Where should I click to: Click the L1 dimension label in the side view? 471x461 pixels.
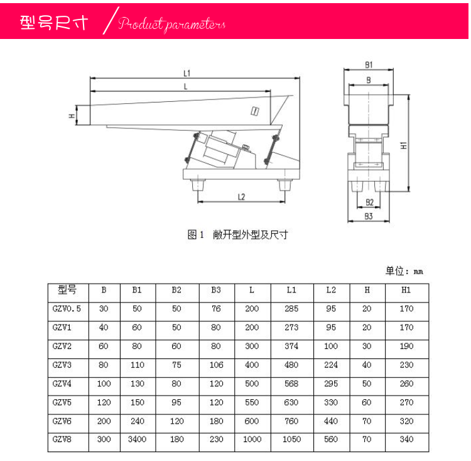187,73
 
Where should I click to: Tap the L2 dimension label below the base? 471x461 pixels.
241,197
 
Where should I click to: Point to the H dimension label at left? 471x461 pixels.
72,116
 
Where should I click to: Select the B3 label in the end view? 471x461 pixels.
368,216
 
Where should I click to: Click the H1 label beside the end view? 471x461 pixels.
404,145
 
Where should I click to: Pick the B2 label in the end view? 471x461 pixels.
369,203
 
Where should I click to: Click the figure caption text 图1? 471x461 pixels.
195,235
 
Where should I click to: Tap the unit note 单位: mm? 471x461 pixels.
404,271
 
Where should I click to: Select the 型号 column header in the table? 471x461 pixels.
67,289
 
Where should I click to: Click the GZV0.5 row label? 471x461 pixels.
67,308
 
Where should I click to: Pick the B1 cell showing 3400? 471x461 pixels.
138,439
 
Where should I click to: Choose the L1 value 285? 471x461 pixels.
291,308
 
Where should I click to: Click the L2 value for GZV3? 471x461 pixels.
331,365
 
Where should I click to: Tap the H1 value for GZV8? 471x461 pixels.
406,439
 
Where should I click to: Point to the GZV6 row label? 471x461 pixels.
62,421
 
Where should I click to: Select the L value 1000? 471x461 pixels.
252,439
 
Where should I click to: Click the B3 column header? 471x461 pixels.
216,290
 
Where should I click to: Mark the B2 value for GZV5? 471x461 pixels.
176,403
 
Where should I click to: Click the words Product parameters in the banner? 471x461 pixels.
171,24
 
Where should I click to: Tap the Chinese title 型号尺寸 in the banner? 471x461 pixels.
54,22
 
